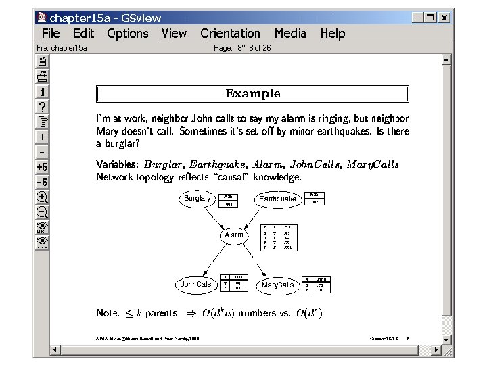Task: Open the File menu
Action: click(x=51, y=34)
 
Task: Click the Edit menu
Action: click(x=83, y=34)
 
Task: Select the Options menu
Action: click(x=127, y=34)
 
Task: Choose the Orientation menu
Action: click(x=230, y=34)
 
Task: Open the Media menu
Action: click(x=289, y=34)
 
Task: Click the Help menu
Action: click(x=332, y=34)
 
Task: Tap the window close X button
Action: click(x=444, y=18)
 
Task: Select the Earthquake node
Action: click(x=277, y=199)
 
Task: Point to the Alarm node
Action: click(x=233, y=235)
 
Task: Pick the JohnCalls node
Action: click(x=196, y=285)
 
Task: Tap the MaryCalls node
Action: click(x=278, y=285)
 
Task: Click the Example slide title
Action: click(x=252, y=93)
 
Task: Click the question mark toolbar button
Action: click(x=42, y=106)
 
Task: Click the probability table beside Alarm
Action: click(x=279, y=237)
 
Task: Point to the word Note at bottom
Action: click(x=108, y=313)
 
